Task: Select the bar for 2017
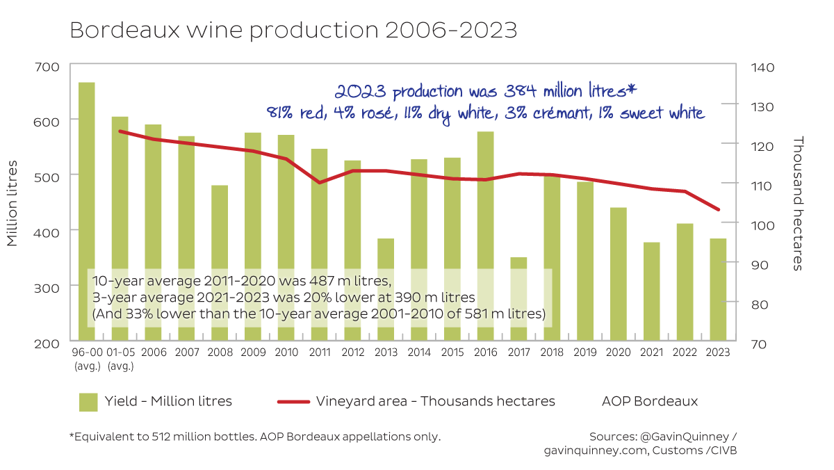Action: click(x=518, y=299)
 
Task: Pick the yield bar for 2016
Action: click(x=485, y=236)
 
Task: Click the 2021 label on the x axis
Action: click(x=651, y=352)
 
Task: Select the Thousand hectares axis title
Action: click(x=797, y=203)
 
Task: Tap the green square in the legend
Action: click(x=88, y=402)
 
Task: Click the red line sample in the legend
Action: click(x=292, y=402)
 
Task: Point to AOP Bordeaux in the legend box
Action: click(x=651, y=401)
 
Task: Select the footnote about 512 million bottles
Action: click(x=254, y=437)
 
